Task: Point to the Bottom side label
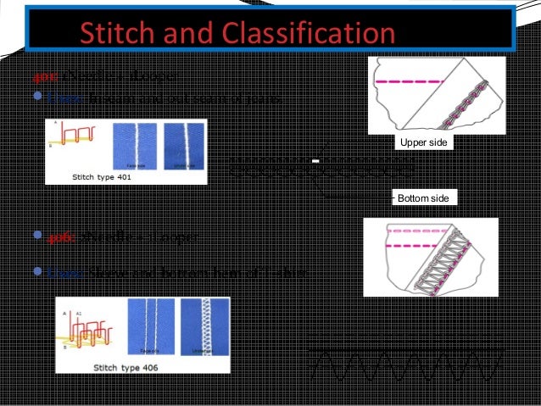[x=425, y=197]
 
